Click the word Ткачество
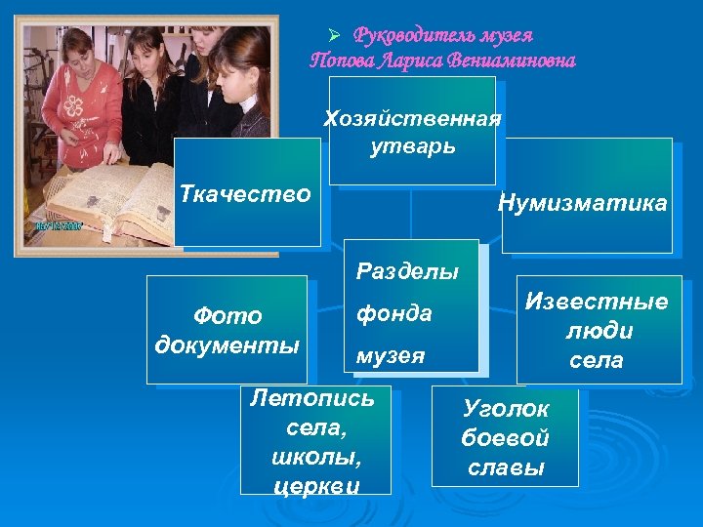coord(245,194)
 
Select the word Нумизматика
coord(582,204)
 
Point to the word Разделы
coord(407,271)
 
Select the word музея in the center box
coord(389,356)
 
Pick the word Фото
coord(227,316)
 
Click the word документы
coord(227,346)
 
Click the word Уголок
coord(506,409)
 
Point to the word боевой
coord(506,438)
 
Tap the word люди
coord(598,331)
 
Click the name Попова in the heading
coord(341,61)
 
